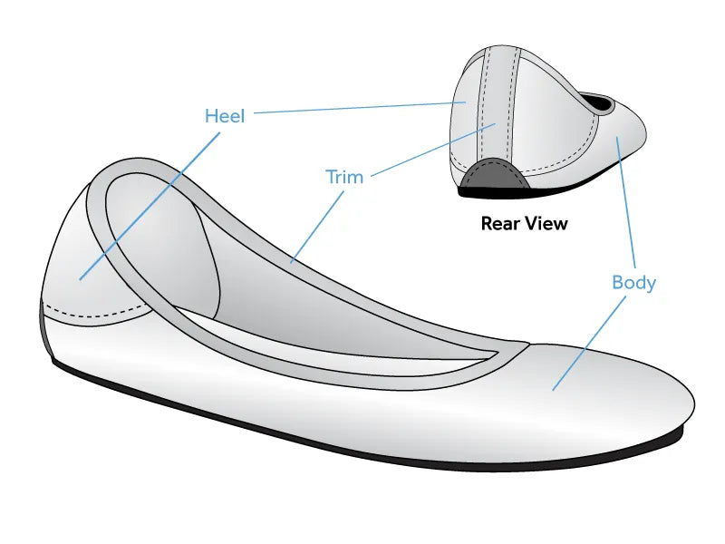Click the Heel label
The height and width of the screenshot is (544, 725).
[x=225, y=116]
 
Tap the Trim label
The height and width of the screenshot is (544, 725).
[x=344, y=177]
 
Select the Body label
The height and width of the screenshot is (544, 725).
[x=633, y=283]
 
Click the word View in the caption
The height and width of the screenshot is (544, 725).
[x=546, y=223]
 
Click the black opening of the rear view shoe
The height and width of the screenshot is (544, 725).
[x=598, y=102]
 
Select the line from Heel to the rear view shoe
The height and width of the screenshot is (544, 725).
[x=359, y=107]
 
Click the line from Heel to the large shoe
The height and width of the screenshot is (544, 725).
[x=150, y=207]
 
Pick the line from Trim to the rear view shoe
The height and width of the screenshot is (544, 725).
[x=433, y=150]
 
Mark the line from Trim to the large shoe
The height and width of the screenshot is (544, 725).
[x=317, y=228]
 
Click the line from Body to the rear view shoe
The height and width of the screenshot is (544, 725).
[x=625, y=202]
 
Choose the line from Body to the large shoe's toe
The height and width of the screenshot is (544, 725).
[x=589, y=344]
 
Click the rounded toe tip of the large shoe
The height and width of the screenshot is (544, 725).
[x=692, y=403]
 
